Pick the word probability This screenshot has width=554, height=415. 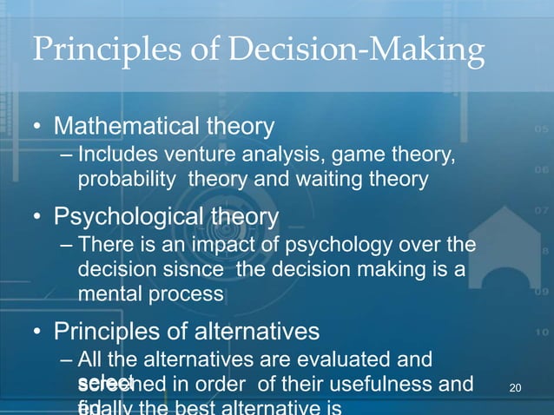[x=124, y=181]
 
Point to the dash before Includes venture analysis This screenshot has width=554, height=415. [x=69, y=157]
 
